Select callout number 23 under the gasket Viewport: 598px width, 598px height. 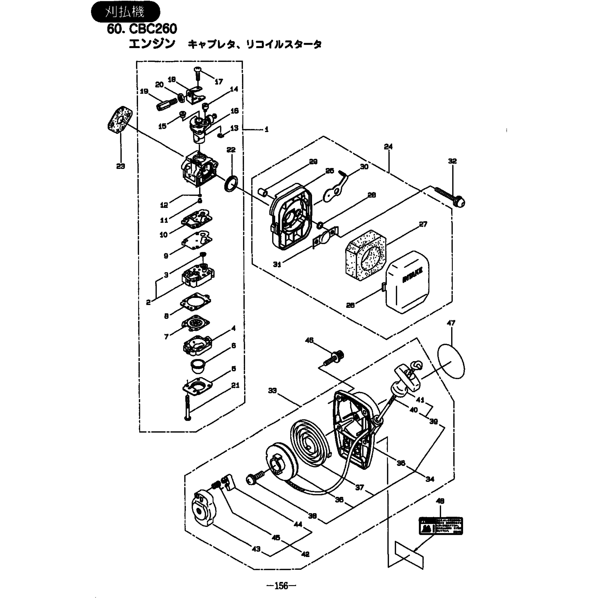click(121, 166)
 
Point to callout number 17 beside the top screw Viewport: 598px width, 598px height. click(218, 82)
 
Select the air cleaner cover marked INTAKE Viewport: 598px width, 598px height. click(407, 282)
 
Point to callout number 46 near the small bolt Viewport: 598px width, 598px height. click(309, 340)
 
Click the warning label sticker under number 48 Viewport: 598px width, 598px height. click(441, 526)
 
